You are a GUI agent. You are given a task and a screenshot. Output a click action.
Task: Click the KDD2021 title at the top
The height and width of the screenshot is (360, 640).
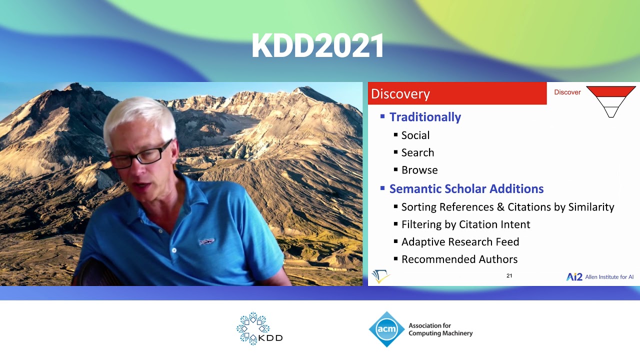click(318, 46)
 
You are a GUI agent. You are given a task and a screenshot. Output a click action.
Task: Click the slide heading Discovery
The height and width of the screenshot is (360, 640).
click(400, 94)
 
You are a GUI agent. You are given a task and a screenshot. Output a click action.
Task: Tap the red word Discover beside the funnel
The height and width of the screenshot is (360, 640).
click(567, 92)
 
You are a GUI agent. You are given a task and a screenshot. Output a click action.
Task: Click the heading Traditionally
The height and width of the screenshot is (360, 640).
click(425, 117)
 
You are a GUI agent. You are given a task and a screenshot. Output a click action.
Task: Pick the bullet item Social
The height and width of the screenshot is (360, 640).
click(415, 135)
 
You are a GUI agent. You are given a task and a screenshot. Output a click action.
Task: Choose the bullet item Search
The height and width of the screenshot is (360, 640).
click(417, 152)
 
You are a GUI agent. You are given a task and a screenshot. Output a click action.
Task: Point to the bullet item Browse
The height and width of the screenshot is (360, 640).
click(419, 170)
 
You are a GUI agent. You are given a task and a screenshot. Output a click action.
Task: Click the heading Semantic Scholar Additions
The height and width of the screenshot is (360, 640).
click(466, 189)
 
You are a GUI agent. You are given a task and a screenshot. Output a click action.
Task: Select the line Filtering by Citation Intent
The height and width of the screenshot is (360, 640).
click(465, 224)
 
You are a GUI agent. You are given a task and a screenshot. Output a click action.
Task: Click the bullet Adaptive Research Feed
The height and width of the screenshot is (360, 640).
click(460, 242)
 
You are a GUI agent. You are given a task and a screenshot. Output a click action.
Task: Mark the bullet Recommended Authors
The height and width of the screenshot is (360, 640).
click(459, 259)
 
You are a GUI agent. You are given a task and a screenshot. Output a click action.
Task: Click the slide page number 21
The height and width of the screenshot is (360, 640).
click(509, 275)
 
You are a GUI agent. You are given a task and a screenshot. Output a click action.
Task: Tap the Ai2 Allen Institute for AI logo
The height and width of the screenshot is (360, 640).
click(599, 277)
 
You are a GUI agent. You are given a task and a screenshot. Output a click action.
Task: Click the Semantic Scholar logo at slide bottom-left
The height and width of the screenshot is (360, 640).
click(380, 276)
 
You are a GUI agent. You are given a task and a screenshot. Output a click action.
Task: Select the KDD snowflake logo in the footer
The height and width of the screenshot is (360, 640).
click(253, 328)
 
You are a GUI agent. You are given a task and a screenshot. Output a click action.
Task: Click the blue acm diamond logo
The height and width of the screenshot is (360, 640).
click(386, 329)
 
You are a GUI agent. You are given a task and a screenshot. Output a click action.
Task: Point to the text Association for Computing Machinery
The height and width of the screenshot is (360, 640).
click(440, 329)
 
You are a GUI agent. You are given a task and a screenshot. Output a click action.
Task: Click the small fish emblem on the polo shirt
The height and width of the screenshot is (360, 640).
click(206, 241)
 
